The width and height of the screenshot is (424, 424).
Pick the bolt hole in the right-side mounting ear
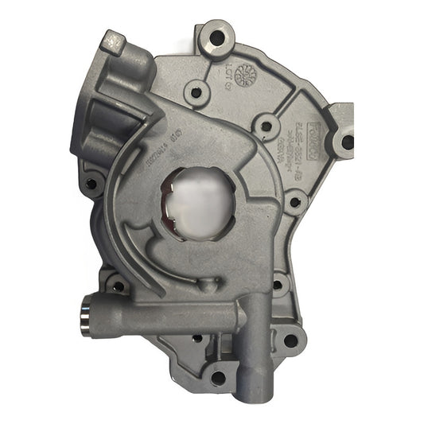click(x=348, y=143)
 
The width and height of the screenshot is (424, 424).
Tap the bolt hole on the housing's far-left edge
click(x=91, y=185)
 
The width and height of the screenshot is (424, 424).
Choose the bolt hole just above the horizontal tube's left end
click(x=118, y=285)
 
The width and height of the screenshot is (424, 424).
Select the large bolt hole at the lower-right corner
click(x=290, y=340)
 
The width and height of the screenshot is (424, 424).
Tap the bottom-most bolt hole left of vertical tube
click(x=217, y=378)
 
